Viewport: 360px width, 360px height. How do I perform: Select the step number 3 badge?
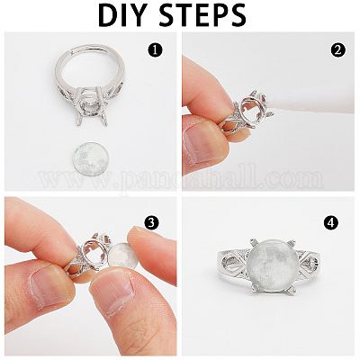[152, 221]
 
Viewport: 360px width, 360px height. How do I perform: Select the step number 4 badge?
[337, 221]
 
